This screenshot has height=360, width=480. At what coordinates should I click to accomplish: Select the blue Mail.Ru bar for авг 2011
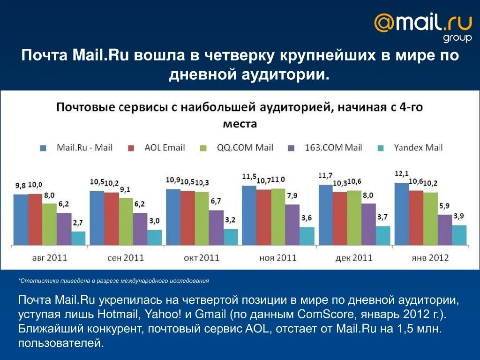coord(21,219)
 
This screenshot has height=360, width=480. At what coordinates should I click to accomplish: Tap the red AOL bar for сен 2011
coord(112,218)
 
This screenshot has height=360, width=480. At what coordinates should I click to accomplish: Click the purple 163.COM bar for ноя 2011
coord(292,224)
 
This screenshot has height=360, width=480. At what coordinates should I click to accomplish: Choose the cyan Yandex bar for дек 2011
coord(382,235)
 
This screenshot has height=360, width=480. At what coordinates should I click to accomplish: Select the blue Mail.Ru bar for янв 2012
coord(401,213)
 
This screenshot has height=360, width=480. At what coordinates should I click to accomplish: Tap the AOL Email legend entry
coord(157,148)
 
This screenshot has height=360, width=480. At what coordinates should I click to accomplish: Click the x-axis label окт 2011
coord(202,258)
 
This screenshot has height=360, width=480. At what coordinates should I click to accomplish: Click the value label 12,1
coord(401,174)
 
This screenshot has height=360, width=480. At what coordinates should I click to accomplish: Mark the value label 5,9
coord(444,206)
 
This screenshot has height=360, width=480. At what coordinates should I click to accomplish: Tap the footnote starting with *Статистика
coord(113,281)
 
